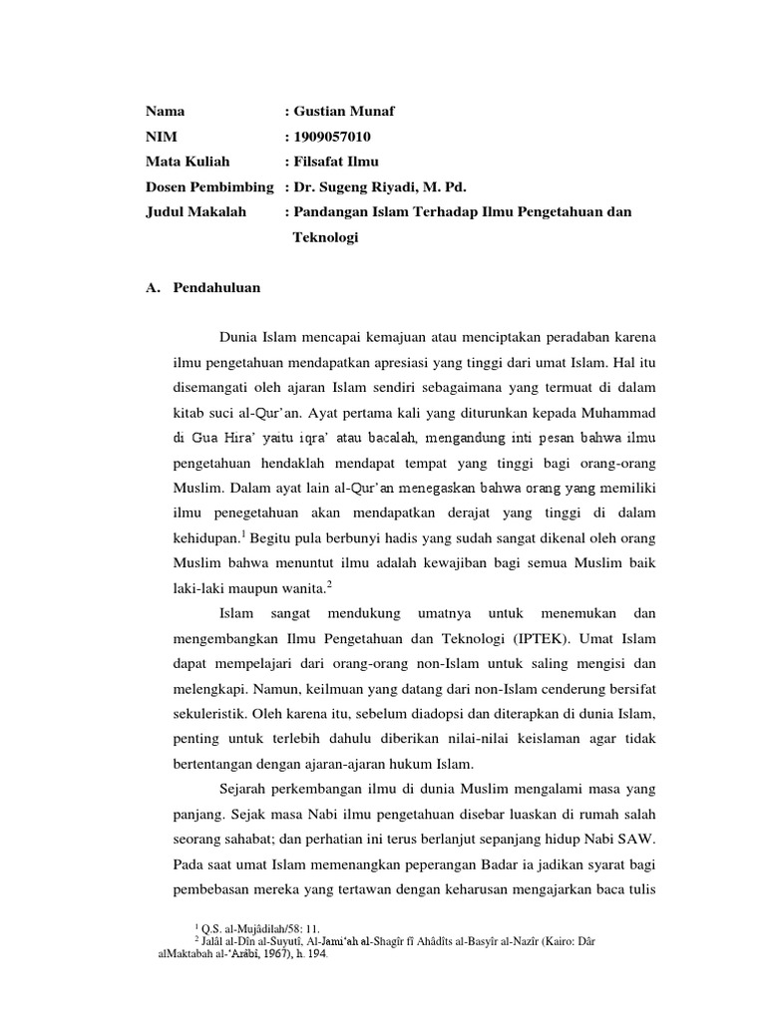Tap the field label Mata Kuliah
click(188, 162)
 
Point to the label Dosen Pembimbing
click(209, 186)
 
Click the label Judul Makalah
click(195, 211)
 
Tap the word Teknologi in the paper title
click(325, 237)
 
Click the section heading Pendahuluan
click(216, 288)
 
